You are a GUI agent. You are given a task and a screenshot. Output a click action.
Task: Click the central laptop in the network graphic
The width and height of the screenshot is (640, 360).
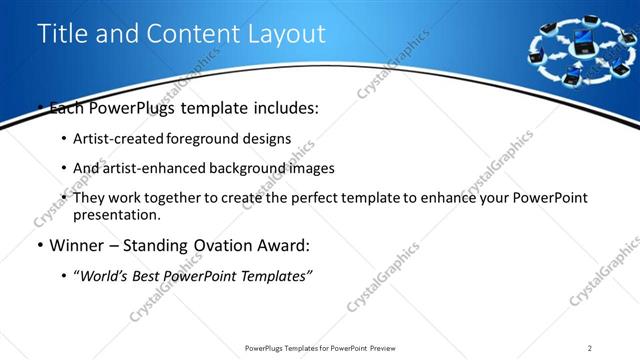582,43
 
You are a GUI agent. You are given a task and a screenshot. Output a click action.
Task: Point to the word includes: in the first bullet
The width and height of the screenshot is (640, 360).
284,108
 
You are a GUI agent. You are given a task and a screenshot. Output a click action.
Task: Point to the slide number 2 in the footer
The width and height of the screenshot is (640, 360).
590,348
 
